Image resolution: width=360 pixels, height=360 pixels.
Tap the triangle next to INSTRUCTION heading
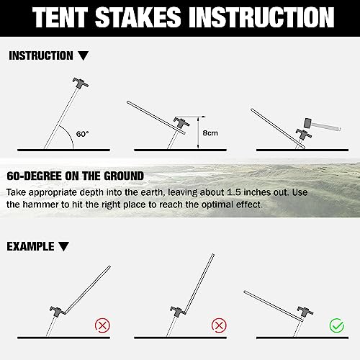[84, 56]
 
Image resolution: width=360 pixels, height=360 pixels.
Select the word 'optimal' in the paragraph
[208, 205]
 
